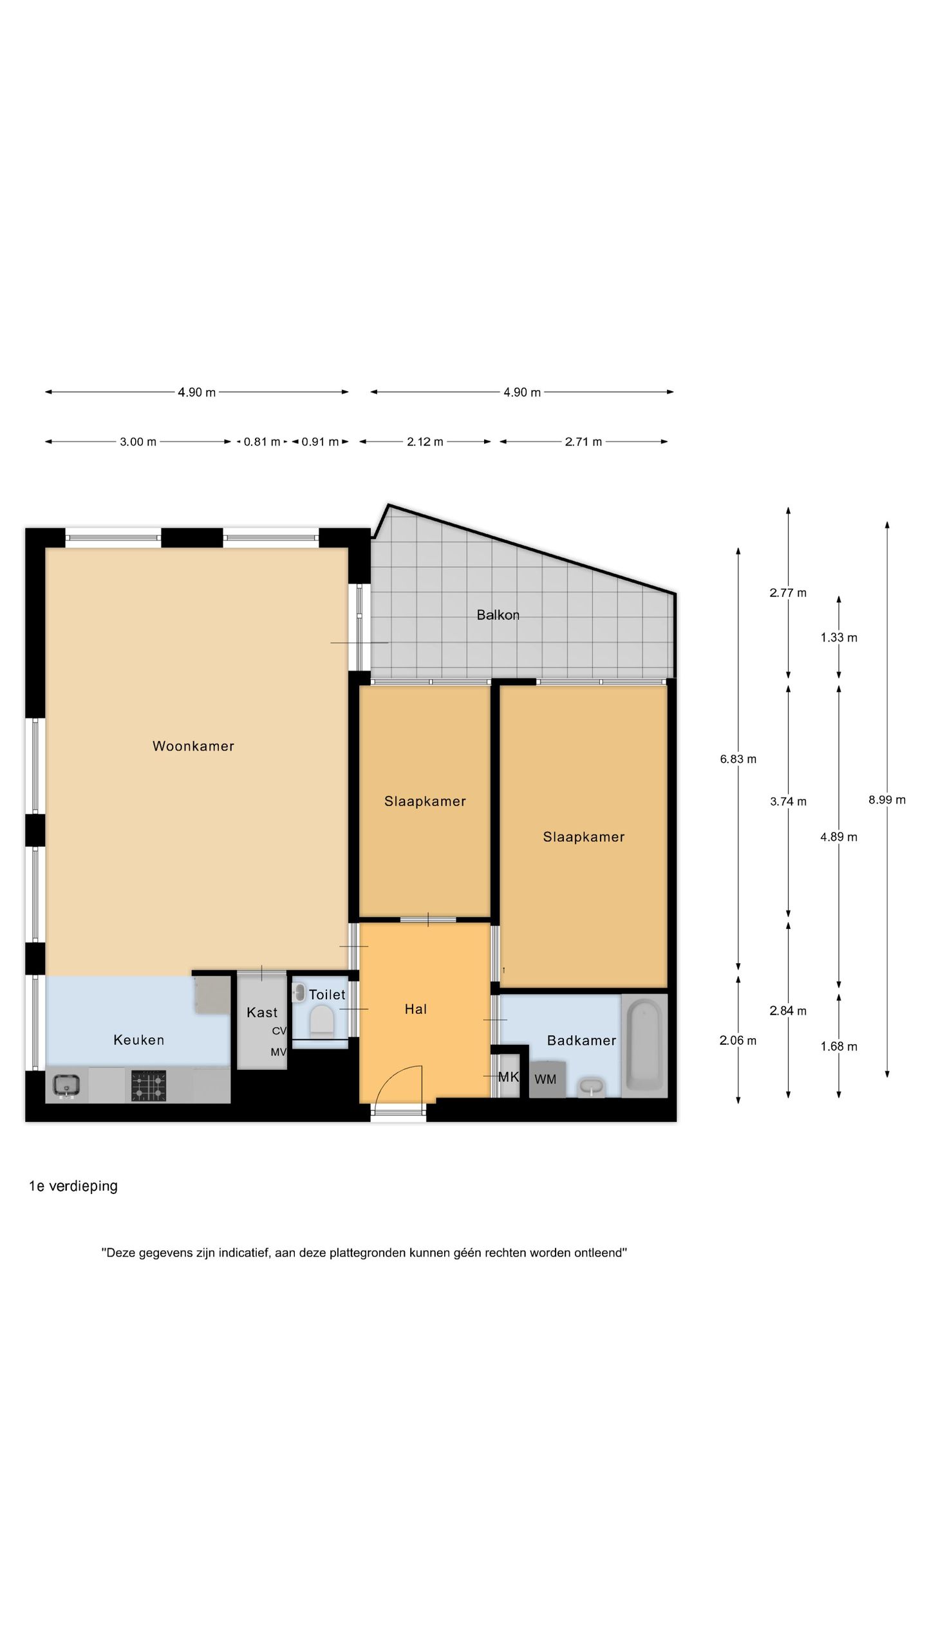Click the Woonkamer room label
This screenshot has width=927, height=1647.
click(193, 746)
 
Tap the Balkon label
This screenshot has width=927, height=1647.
click(498, 615)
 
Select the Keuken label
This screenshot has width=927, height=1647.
click(138, 1040)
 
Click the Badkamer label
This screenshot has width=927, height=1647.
click(581, 1040)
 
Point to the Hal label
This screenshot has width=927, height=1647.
click(415, 1009)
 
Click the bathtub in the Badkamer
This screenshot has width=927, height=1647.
click(644, 1045)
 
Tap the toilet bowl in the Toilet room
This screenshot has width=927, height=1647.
click(321, 1021)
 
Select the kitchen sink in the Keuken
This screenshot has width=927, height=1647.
click(66, 1086)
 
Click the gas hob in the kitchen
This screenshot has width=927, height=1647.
click(149, 1086)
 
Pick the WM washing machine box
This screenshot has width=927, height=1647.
click(547, 1079)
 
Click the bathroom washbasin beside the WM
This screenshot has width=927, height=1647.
click(592, 1087)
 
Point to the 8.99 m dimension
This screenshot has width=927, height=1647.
click(887, 800)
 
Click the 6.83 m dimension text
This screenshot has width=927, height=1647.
click(738, 759)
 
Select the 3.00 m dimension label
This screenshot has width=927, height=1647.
click(138, 442)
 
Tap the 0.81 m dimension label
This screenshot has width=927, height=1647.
click(262, 442)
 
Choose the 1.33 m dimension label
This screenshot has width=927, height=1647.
click(839, 638)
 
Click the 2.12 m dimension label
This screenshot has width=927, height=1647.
click(425, 442)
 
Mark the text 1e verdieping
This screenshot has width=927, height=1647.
click(73, 1186)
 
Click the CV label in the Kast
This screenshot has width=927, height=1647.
click(279, 1031)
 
